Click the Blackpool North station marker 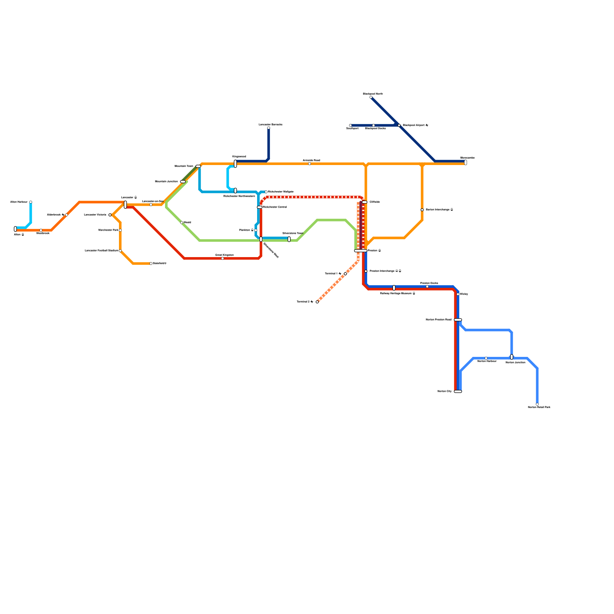coord(371,97)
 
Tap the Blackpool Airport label coord(415,125)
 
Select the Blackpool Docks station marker coord(373,125)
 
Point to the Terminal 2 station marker coord(317,302)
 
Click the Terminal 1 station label coord(333,274)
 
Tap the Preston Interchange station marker coord(366,271)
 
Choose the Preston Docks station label coord(429,283)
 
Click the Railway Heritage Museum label coord(398,294)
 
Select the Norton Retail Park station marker coord(537,404)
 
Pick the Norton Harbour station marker coord(486,358)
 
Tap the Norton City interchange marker coord(458,391)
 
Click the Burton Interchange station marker coord(422,210)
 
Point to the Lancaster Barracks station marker coord(269,128)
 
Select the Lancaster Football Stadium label coord(101,251)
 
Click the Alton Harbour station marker coord(31,202)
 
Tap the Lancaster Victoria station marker coord(110,215)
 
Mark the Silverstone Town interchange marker coord(289,239)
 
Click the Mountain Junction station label coord(166,182)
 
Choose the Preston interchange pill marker coord(360,251)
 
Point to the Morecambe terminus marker coord(465,162)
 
